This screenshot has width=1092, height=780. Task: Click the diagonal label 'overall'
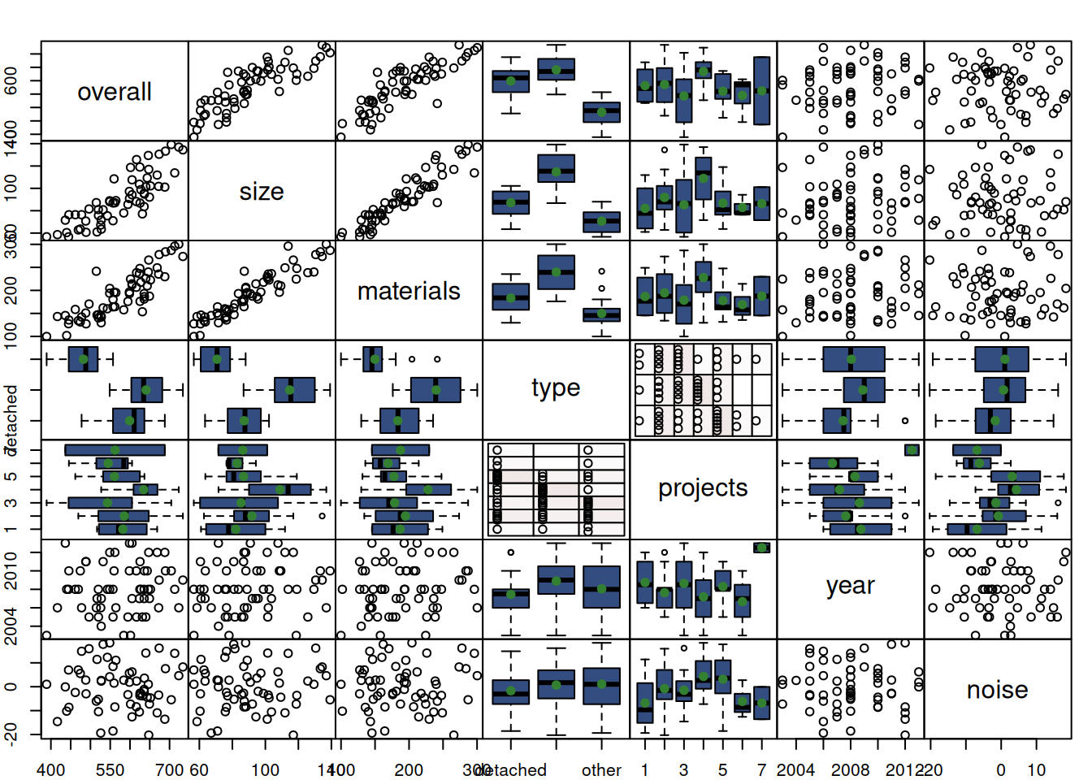click(x=115, y=92)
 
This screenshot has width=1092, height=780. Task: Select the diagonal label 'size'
click(x=262, y=192)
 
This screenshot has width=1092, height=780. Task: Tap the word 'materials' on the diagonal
click(x=409, y=291)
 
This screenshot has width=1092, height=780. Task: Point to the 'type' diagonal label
click(x=556, y=388)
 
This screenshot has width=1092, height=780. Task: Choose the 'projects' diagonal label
click(x=703, y=487)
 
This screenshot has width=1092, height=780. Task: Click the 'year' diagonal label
click(x=850, y=586)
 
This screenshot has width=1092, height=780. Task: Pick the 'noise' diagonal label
click(x=997, y=690)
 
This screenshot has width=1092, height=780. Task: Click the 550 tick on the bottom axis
click(x=110, y=769)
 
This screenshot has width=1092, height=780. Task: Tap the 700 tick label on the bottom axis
click(x=169, y=769)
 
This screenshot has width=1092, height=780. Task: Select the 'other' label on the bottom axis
click(x=601, y=769)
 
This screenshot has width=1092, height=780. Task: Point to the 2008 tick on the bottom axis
click(x=851, y=769)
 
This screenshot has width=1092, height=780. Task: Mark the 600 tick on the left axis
click(x=11, y=80)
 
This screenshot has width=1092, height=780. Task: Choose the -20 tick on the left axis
click(x=11, y=734)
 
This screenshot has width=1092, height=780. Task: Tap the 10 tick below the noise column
click(x=1036, y=769)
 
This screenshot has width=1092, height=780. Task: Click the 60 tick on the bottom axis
click(x=199, y=769)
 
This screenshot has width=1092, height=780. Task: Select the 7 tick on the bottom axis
click(x=761, y=769)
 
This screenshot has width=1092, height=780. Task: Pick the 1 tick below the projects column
click(x=644, y=769)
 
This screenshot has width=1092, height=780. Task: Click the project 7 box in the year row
click(x=761, y=548)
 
